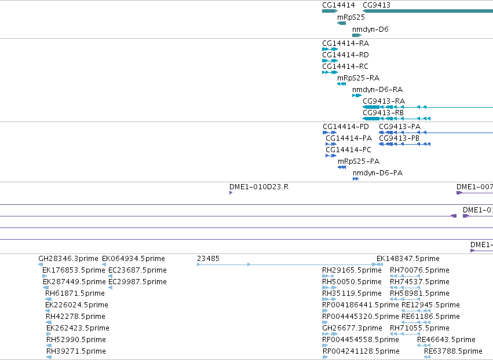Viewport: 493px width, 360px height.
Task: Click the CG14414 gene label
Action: coord(338,5)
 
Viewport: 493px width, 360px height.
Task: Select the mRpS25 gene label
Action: coord(351,17)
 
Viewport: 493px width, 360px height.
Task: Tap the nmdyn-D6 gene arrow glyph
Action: coord(357,35)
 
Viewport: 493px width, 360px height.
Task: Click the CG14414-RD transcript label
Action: coord(345,54)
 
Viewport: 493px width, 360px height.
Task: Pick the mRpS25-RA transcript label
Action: coord(359,78)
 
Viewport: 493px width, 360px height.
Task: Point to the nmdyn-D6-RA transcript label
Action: coord(377,90)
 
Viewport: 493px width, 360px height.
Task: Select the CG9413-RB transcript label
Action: coord(384,112)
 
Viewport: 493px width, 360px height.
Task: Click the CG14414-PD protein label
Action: coord(346,127)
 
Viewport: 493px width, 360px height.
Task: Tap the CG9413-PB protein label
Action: coord(399,138)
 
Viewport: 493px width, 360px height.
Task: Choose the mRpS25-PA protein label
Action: coord(359,161)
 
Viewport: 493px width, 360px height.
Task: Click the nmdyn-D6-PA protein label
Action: coord(378,173)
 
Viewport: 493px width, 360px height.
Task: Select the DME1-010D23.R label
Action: coord(259,187)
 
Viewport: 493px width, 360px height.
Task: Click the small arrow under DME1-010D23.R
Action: coord(231,193)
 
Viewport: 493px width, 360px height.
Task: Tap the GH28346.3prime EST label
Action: coord(68,259)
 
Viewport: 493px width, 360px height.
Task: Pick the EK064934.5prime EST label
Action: coord(134,259)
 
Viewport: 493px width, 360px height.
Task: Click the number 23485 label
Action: coord(208,259)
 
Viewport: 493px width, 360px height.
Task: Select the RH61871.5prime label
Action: coord(75,293)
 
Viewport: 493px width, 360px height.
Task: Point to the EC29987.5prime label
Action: coord(137,282)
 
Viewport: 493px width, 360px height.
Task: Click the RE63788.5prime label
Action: coord(453,351)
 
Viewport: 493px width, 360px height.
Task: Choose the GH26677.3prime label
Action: coord(352,328)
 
